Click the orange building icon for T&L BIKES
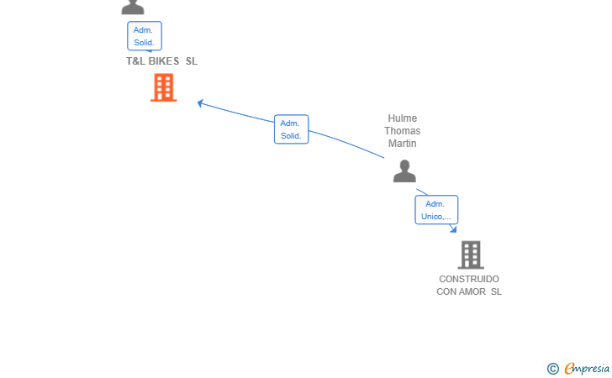tap(164, 87)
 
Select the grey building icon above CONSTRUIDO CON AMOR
tap(471, 255)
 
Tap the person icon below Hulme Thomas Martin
tap(404, 171)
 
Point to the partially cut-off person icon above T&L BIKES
tap(133, 7)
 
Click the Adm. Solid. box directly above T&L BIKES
tap(145, 36)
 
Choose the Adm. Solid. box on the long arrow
tap(291, 129)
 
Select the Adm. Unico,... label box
tap(436, 210)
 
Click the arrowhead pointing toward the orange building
tap(200, 103)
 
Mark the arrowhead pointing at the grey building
tap(453, 229)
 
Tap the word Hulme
tap(403, 118)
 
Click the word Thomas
tap(403, 131)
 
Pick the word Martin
tap(403, 144)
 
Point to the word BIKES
tap(164, 61)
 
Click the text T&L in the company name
tap(135, 61)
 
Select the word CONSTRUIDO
tap(469, 280)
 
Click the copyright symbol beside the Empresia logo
tap(553, 369)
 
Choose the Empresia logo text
tap(587, 369)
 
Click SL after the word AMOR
tap(496, 291)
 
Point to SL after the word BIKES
tap(192, 61)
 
